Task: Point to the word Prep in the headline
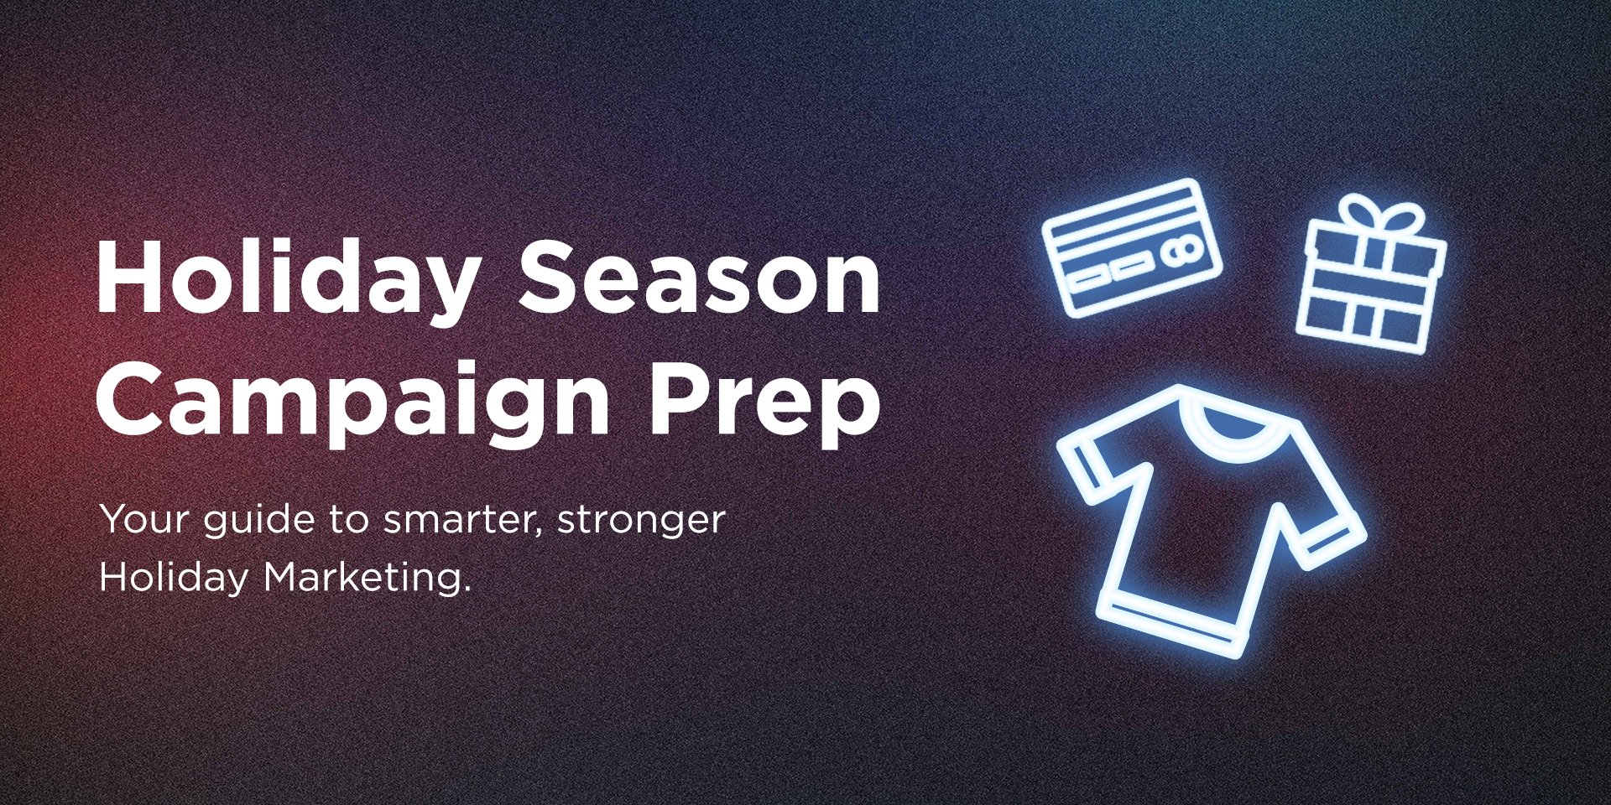pos(765,402)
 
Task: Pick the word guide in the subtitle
pos(259,522)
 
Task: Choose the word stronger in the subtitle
pos(641,522)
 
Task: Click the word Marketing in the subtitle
pos(367,578)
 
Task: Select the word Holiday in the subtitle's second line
pos(174,578)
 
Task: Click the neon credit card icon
pos(1132,247)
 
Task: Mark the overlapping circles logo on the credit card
pos(1182,249)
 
